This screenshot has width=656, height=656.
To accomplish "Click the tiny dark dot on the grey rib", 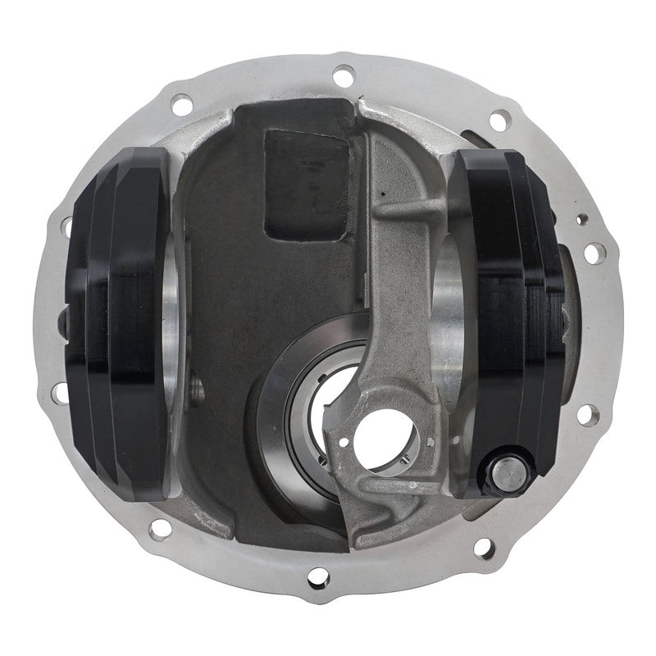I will (x=381, y=194).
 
